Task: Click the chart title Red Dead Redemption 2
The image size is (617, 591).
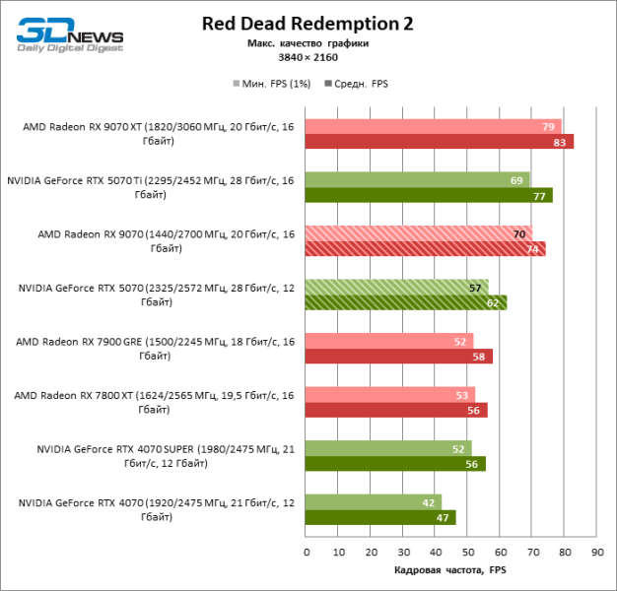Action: [x=308, y=24]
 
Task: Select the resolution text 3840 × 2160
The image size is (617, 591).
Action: [x=308, y=58]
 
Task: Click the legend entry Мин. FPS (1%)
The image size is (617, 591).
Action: [x=271, y=84]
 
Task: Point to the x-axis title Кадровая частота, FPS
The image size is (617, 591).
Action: [x=448, y=570]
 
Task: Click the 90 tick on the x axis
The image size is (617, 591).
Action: [x=596, y=552]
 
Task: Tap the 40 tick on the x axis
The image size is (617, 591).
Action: [x=435, y=552]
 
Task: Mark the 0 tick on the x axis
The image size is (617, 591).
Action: [x=307, y=552]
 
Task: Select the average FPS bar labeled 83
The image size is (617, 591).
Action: [x=439, y=142]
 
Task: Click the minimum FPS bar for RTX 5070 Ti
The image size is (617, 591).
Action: [x=416, y=180]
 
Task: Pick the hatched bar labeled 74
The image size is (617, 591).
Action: [x=424, y=249]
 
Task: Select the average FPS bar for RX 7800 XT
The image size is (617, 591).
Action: [x=395, y=411]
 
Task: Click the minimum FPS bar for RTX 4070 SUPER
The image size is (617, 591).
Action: [x=387, y=449]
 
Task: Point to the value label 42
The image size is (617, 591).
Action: [x=429, y=502]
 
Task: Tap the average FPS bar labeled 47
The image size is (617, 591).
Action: [x=379, y=518]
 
